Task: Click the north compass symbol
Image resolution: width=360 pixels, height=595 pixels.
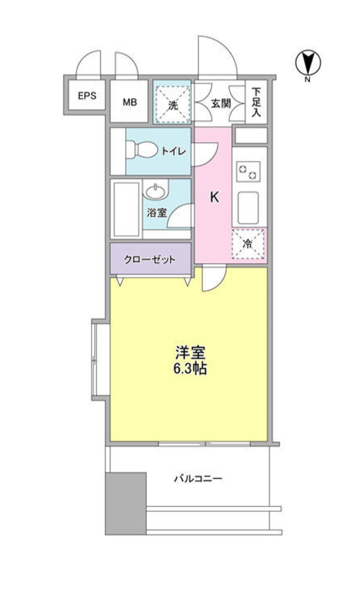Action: point(308,62)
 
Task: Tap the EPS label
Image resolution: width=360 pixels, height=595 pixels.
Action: point(87,96)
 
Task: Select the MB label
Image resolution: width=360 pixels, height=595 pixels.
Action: point(129,102)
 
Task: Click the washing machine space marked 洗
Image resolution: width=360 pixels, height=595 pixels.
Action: point(173,103)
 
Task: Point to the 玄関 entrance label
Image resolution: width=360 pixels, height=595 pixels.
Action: point(221,103)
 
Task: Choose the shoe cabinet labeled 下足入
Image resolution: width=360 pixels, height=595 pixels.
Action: point(257,102)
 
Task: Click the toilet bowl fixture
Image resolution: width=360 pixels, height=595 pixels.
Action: point(141,149)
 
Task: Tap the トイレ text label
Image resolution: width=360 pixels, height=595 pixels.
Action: point(174,151)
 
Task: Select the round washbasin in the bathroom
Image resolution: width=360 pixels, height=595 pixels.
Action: point(156,192)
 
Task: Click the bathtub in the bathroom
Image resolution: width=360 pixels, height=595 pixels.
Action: point(126,209)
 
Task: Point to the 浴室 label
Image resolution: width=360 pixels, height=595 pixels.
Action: point(157,212)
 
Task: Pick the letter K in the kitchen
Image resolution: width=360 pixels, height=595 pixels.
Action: point(214,197)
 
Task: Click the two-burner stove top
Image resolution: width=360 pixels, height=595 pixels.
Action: point(248,171)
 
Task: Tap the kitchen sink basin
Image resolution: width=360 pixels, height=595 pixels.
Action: point(248,208)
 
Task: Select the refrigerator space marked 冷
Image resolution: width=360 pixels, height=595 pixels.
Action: point(248,244)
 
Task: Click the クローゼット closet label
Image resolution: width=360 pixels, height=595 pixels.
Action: point(150,260)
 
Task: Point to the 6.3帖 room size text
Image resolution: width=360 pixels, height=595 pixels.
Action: point(190,369)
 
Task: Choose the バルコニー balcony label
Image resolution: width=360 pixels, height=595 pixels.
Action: point(198,478)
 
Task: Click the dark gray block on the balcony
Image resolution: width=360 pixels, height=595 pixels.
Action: point(126,503)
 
